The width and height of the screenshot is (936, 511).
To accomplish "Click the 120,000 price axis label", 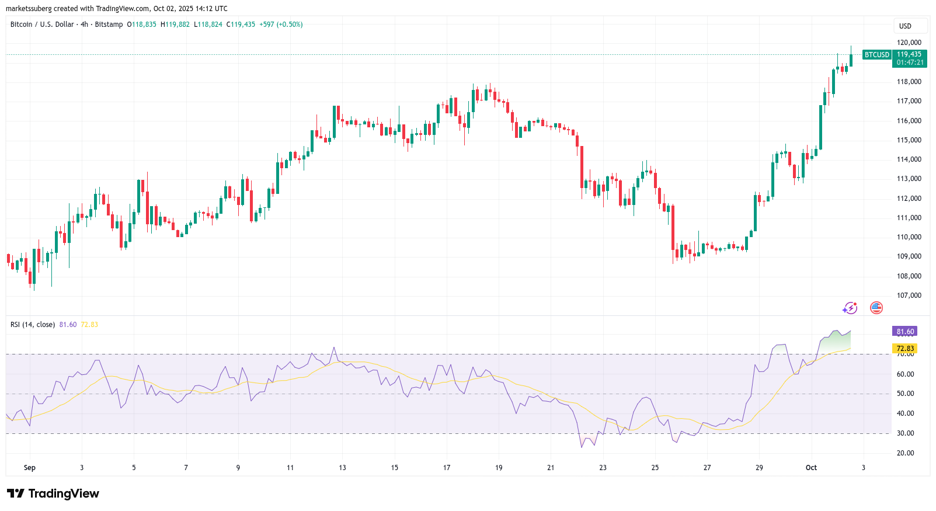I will pos(909,43).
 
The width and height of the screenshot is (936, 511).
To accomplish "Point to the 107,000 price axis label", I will pos(909,296).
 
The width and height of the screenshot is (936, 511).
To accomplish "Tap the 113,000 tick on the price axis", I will pos(909,179).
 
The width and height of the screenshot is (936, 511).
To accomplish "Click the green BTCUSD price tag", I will pos(876,55).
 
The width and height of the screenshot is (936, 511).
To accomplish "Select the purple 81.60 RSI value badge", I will pos(905,332).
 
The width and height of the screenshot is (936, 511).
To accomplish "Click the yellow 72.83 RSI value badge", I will pos(905,349).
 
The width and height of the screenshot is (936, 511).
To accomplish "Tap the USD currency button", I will pos(905,26).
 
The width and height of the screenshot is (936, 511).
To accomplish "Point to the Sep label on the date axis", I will pos(30,468).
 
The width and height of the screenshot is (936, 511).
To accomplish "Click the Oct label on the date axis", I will pos(811,468).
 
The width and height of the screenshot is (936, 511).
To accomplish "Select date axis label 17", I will pos(447,468).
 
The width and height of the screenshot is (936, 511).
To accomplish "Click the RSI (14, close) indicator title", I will pos(33,325).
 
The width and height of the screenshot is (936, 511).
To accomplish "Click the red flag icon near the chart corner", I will pos(876,308).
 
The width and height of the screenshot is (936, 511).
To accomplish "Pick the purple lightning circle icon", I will pos(850,308).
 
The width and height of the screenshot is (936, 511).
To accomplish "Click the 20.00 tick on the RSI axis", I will pos(905,453).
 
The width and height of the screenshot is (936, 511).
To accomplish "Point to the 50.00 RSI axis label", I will pos(905,394).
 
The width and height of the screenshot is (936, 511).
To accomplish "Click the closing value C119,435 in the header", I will pos(241,25).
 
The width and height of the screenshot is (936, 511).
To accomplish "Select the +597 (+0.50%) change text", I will pos(281,25).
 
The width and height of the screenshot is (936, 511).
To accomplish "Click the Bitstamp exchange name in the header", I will pos(109,25).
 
